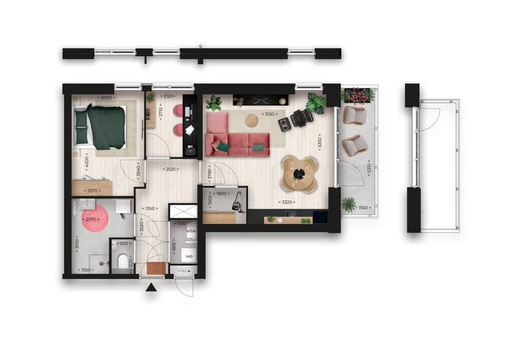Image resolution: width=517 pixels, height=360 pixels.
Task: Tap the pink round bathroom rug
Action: pos(94,218)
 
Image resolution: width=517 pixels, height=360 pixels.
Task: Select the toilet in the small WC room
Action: pos(123,259)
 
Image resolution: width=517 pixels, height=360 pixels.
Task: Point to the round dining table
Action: pos(299,172)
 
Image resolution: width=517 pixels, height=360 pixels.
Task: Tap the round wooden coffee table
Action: pos(251,121)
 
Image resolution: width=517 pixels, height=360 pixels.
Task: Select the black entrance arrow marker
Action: pos(152,289)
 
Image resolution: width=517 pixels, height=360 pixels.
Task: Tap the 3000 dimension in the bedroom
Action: pos(106,98)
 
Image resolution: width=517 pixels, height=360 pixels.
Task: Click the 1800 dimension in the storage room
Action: pos(221,193)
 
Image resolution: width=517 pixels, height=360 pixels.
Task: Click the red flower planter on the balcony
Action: pos(358,96)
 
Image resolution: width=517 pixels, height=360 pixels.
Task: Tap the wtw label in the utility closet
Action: pos(191,233)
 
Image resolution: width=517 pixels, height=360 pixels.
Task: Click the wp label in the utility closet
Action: pos(190,256)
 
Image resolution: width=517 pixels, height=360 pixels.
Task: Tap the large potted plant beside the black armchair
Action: pos(316,104)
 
